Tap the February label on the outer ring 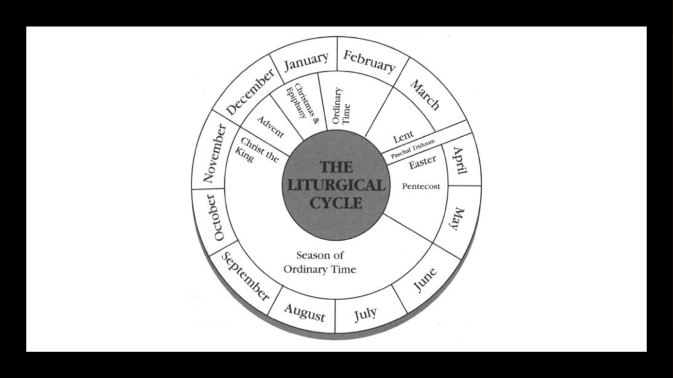click(x=369, y=62)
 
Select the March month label click(x=425, y=95)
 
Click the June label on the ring click(x=425, y=280)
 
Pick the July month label click(x=365, y=313)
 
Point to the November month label click(x=215, y=154)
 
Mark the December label click(x=250, y=92)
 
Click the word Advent click(x=271, y=127)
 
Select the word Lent click(x=403, y=137)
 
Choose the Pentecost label click(x=421, y=186)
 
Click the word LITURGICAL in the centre click(x=336, y=185)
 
